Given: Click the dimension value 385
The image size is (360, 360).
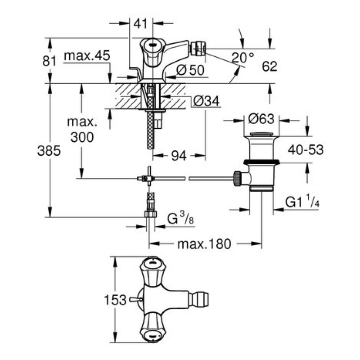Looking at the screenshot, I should (49, 152).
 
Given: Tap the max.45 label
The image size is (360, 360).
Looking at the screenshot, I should (86, 56).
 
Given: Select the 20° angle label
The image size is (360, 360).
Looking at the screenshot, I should (243, 57).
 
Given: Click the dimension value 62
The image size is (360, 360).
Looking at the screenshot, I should (269, 67).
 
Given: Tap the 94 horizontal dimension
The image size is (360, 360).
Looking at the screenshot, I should (179, 156).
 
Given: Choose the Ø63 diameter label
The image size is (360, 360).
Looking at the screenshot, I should (261, 120).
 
